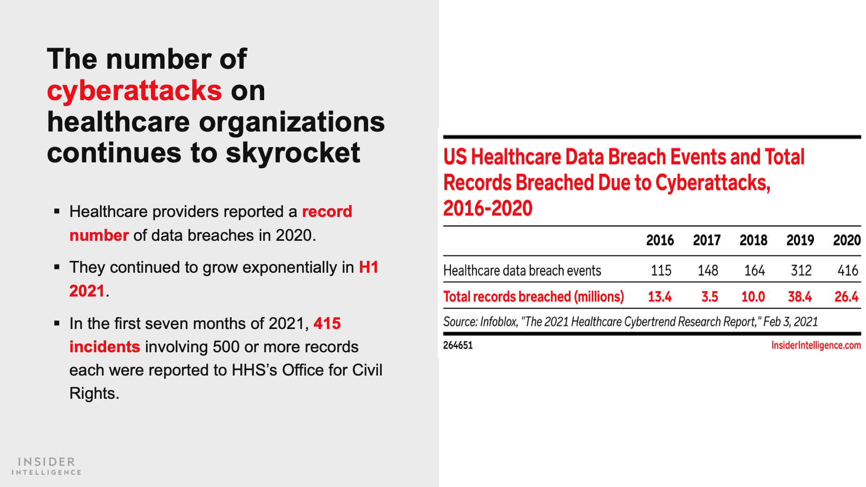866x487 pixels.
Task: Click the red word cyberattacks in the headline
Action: coord(135,91)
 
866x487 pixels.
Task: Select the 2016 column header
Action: coord(660,240)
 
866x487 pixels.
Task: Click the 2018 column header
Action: coord(753,240)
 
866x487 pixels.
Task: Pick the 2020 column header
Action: coord(847,240)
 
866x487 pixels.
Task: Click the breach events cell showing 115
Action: coord(661,271)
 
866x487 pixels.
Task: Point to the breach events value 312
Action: coord(801,271)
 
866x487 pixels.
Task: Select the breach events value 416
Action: coord(848,271)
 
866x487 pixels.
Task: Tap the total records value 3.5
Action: coord(710,297)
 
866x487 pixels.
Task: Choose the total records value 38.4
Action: coord(800,297)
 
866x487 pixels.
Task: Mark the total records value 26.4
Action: coord(847,297)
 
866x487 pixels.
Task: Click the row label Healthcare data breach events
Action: coord(522,271)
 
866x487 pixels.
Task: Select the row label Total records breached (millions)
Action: coord(534,297)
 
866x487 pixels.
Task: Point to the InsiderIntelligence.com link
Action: coord(816,345)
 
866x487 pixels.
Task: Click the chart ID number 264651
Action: coord(458,345)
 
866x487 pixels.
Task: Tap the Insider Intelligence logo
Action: coord(47,466)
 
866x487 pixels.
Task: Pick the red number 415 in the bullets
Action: coord(327,324)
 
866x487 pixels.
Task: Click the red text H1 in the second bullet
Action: coord(369,267)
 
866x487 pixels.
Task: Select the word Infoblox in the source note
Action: coord(498,322)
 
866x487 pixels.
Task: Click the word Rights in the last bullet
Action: coord(94,394)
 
